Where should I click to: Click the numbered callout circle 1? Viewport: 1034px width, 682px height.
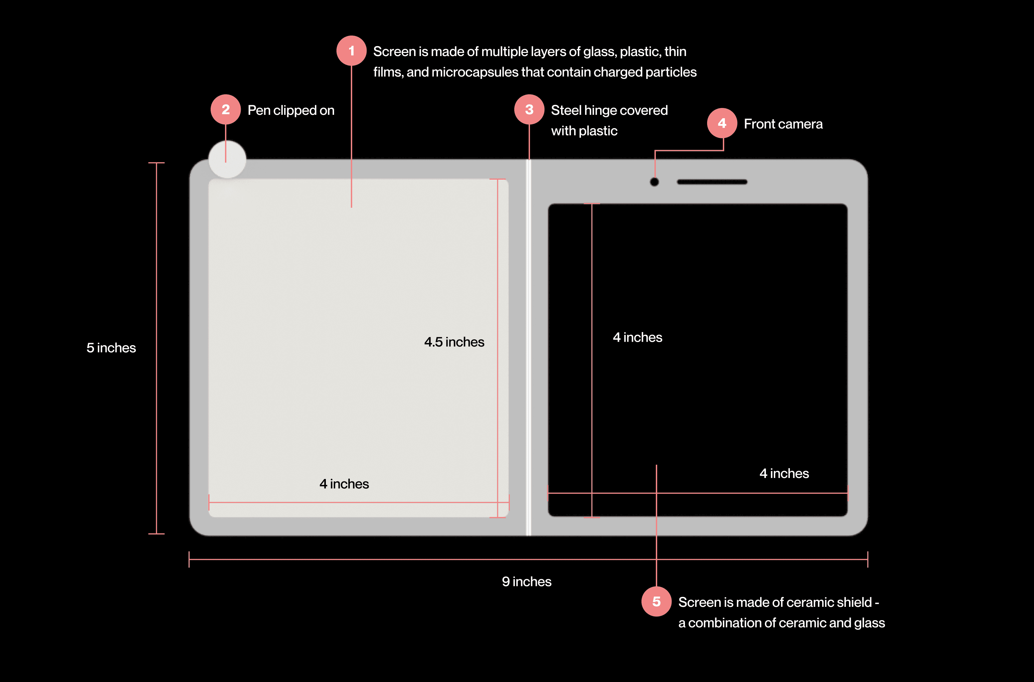(351, 51)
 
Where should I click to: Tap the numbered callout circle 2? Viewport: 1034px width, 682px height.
(225, 110)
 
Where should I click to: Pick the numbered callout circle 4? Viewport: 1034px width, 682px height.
(721, 124)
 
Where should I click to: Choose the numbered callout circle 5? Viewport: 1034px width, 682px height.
(656, 602)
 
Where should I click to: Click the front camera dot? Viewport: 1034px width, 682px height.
(654, 182)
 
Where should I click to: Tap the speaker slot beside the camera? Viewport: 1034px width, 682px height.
(712, 182)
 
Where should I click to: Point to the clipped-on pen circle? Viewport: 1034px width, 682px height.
(227, 159)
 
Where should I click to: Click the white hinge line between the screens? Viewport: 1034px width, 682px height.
(528, 348)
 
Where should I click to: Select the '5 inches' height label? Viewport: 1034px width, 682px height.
(111, 348)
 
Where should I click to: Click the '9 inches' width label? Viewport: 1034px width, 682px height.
(527, 582)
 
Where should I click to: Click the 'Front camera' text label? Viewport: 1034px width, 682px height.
(783, 124)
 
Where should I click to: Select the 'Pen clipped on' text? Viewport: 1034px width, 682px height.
(291, 110)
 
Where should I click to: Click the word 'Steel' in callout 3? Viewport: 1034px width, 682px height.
(566, 110)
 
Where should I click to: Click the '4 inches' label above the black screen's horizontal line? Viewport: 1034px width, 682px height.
(784, 473)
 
